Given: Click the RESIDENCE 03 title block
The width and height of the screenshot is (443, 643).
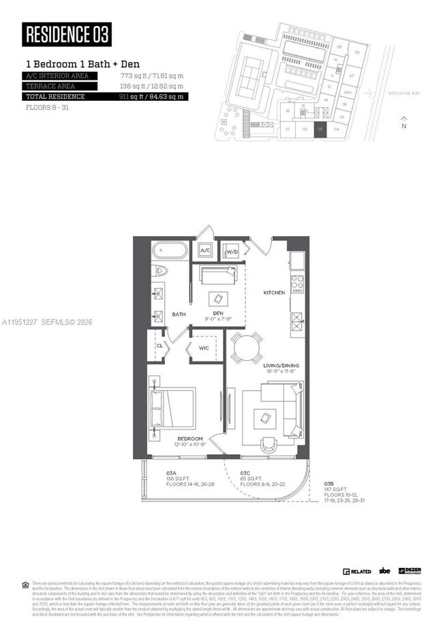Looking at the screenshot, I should pos(67,33).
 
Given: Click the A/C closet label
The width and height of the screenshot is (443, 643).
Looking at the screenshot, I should pos(205,251).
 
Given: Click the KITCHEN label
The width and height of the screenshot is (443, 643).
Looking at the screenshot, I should pos(274,293).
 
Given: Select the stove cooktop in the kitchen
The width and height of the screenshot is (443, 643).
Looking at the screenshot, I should pos(296,282).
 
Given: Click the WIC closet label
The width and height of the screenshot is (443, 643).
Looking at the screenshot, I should pos(204,348).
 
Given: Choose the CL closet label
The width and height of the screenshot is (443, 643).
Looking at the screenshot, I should pos(159,345).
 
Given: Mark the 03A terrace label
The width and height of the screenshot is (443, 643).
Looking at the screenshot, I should pos(171,473).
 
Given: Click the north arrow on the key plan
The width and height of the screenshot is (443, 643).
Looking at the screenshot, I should pos(404,121).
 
